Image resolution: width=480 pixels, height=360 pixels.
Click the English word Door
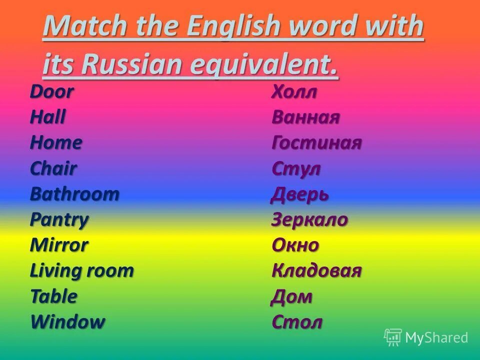(x=52, y=92)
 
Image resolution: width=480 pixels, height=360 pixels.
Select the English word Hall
(x=48, y=117)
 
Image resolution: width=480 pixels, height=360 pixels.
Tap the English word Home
(x=56, y=143)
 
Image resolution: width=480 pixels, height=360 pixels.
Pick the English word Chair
(x=53, y=168)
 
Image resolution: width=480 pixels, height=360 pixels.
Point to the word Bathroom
(x=75, y=194)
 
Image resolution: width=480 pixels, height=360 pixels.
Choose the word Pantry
(x=59, y=219)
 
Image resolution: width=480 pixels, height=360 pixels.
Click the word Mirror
(x=59, y=245)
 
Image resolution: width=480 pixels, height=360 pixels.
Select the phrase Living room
(x=82, y=270)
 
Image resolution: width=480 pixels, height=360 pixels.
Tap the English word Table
(x=54, y=296)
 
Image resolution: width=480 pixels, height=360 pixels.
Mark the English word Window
(x=68, y=322)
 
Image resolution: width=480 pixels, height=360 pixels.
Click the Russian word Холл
(x=294, y=92)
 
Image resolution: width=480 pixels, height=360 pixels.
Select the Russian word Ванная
(x=306, y=117)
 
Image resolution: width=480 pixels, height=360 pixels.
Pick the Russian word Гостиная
(x=316, y=143)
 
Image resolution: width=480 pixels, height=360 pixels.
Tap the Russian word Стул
(x=296, y=168)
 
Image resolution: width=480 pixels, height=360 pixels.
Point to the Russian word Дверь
(x=300, y=194)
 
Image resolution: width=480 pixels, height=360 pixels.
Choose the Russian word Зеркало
(x=310, y=219)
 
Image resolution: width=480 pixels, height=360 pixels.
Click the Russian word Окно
(x=295, y=245)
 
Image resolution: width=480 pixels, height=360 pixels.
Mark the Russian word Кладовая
(x=316, y=270)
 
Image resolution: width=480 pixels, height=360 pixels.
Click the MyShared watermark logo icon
(x=393, y=337)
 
